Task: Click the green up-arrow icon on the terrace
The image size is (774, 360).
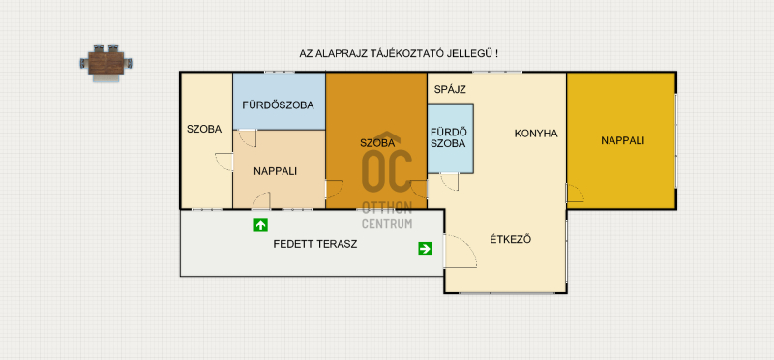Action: [x=260, y=225]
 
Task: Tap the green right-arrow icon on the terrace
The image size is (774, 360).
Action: [x=425, y=249]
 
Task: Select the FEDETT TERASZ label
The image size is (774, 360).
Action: [x=315, y=244]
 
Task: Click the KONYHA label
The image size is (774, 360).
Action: [x=536, y=134]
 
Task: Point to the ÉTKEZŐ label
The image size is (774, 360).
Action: [x=511, y=240]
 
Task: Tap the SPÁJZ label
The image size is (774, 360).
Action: [x=450, y=90]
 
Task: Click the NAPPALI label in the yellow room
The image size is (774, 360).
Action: [x=623, y=140]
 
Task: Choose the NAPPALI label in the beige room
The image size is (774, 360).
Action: [x=276, y=172]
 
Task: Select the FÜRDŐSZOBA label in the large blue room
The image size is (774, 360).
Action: [x=278, y=105]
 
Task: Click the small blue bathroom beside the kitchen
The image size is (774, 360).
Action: [x=451, y=138]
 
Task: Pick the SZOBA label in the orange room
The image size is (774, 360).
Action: [x=377, y=143]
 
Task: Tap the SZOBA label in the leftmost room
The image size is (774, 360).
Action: [x=204, y=130]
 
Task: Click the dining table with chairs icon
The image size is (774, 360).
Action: [x=106, y=63]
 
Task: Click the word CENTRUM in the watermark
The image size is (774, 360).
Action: [x=387, y=224]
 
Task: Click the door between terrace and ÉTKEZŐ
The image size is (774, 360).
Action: [x=461, y=252]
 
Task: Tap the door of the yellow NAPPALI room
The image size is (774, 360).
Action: [x=575, y=194]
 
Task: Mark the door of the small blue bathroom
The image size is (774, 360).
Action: [x=449, y=182]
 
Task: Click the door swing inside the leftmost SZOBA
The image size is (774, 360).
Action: [x=224, y=163]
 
